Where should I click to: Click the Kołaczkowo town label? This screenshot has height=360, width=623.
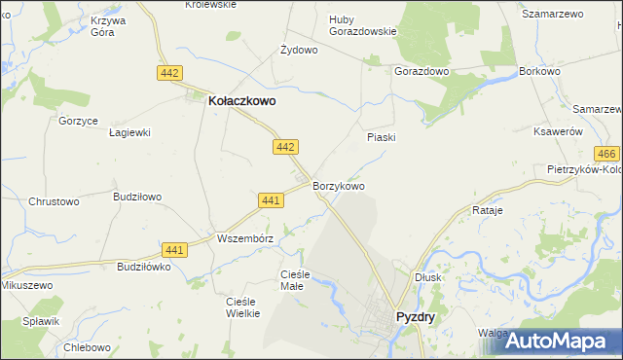(x=242, y=98)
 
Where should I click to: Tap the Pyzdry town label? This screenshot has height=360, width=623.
(x=416, y=317)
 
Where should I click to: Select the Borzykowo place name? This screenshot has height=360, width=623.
(x=339, y=186)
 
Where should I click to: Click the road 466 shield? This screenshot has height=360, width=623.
(x=606, y=155)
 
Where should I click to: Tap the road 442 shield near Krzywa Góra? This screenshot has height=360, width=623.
(x=168, y=73)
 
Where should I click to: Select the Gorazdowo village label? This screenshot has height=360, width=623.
(x=421, y=72)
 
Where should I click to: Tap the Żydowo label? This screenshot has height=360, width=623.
(x=299, y=50)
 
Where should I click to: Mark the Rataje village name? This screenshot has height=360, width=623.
(x=487, y=210)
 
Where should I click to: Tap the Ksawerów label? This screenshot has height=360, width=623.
(x=559, y=131)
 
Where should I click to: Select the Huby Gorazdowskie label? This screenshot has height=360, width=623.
(x=363, y=24)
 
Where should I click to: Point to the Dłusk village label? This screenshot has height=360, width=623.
(x=427, y=276)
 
